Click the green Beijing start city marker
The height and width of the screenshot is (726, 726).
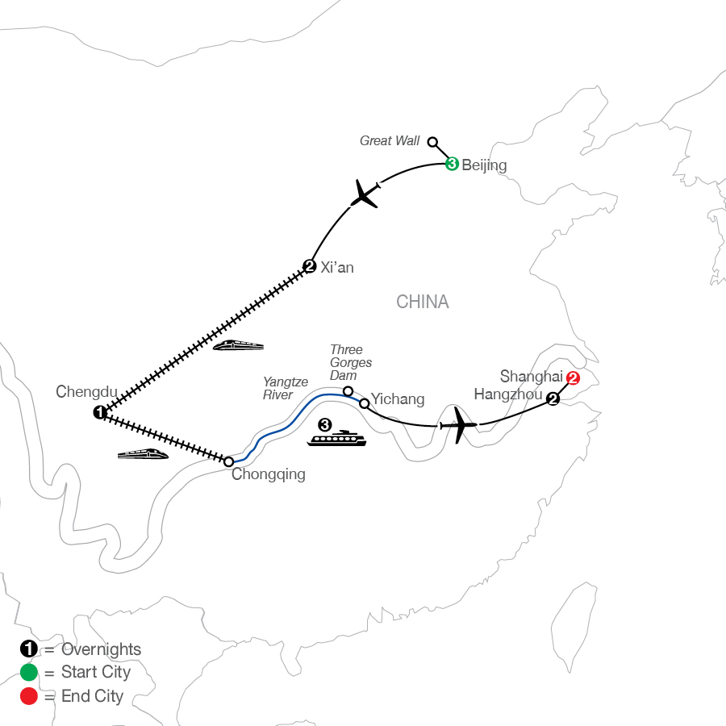pyautogui.click(x=452, y=164)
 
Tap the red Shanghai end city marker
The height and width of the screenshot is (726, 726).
pyautogui.click(x=573, y=378)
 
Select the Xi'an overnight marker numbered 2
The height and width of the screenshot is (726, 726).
pyautogui.click(x=309, y=266)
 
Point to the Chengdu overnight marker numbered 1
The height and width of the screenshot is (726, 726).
pyautogui.click(x=99, y=412)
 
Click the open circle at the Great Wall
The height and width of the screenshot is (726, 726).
pyautogui.click(x=432, y=142)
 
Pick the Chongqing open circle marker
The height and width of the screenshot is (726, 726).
pyautogui.click(x=229, y=461)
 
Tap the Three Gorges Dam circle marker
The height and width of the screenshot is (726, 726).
pyautogui.click(x=348, y=391)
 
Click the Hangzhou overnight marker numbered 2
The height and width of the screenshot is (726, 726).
pyautogui.click(x=553, y=398)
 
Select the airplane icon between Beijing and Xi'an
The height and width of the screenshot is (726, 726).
pyautogui.click(x=365, y=194)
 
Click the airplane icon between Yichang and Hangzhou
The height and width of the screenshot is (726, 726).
pyautogui.click(x=458, y=425)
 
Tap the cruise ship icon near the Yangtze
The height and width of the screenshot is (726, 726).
pyautogui.click(x=336, y=438)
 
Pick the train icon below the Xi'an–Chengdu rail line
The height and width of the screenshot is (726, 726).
pyautogui.click(x=238, y=345)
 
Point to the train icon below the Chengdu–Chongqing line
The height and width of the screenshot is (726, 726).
pyautogui.click(x=143, y=453)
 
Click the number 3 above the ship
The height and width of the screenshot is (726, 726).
pyautogui.click(x=325, y=424)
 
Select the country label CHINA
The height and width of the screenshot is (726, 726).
pyautogui.click(x=422, y=302)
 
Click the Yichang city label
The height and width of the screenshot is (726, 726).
pyautogui.click(x=398, y=399)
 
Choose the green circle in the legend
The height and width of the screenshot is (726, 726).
pyautogui.click(x=29, y=672)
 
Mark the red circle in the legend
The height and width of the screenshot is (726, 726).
pyautogui.click(x=29, y=696)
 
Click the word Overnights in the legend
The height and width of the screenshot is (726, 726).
pyautogui.click(x=102, y=649)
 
